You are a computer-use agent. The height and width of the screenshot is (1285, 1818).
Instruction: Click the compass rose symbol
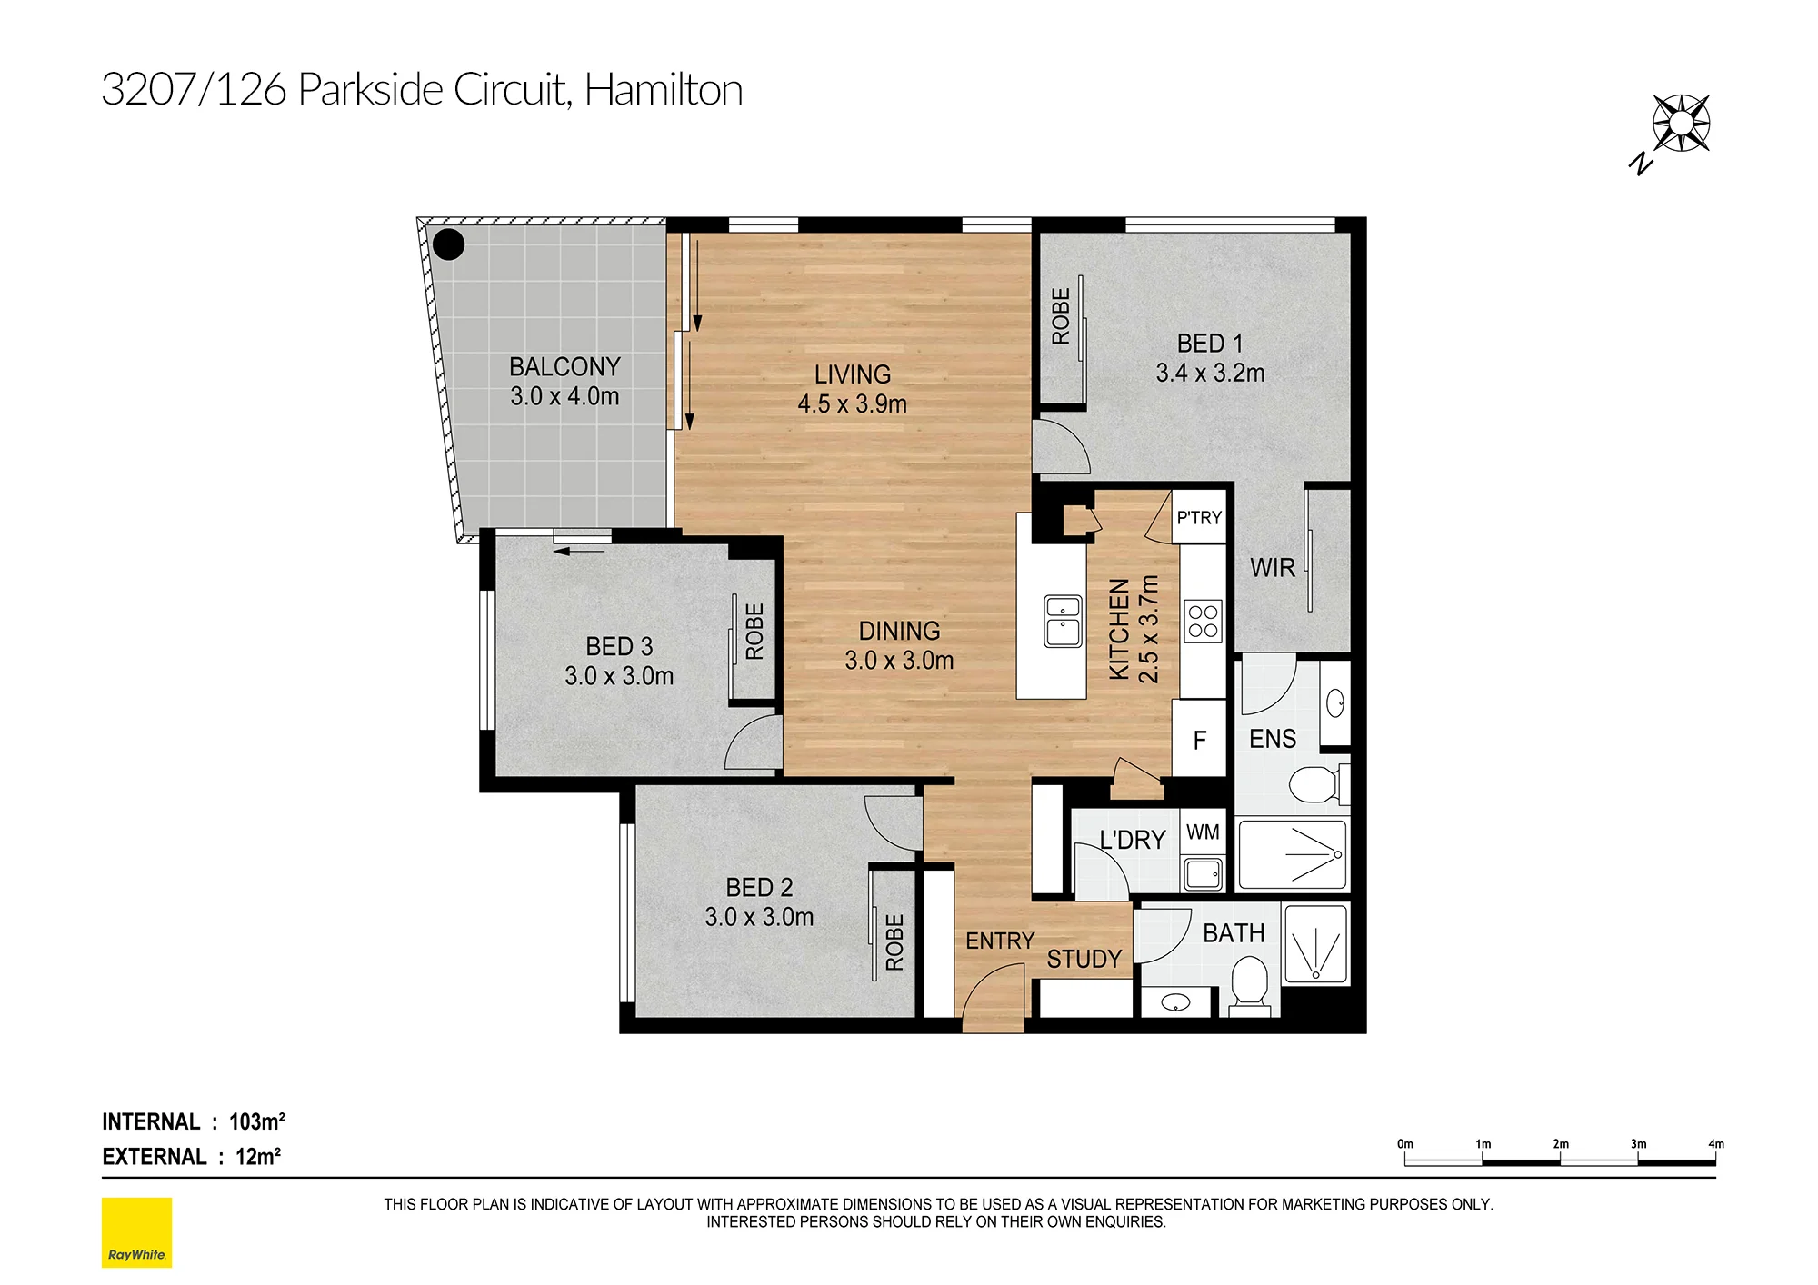1681,123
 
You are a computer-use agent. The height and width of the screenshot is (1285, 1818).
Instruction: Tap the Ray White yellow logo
136,1232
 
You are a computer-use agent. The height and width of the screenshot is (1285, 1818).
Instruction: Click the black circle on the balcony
448,244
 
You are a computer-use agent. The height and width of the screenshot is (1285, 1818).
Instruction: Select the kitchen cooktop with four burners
1204,622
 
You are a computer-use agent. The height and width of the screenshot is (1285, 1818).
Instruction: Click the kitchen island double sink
1063,621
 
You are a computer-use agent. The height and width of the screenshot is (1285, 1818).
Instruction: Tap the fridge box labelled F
1199,739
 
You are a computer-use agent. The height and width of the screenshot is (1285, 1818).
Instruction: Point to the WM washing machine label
1203,832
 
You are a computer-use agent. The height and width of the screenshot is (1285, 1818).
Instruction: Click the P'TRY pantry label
1199,518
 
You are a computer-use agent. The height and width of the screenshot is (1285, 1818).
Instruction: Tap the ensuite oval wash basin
1335,703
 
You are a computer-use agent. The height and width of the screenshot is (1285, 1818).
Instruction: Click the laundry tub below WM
1203,874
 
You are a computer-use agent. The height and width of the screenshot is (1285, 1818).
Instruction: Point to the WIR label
1272,568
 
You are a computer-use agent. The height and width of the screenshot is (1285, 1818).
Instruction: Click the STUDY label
1084,959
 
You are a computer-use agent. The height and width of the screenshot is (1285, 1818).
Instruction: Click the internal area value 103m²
257,1121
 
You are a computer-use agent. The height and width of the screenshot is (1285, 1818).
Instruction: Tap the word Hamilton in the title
664,89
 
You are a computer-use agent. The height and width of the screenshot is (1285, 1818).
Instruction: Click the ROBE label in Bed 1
1060,316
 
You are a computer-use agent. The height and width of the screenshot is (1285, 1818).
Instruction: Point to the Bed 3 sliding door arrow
579,551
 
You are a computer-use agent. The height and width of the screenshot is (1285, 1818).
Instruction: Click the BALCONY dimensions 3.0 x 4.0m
564,396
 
